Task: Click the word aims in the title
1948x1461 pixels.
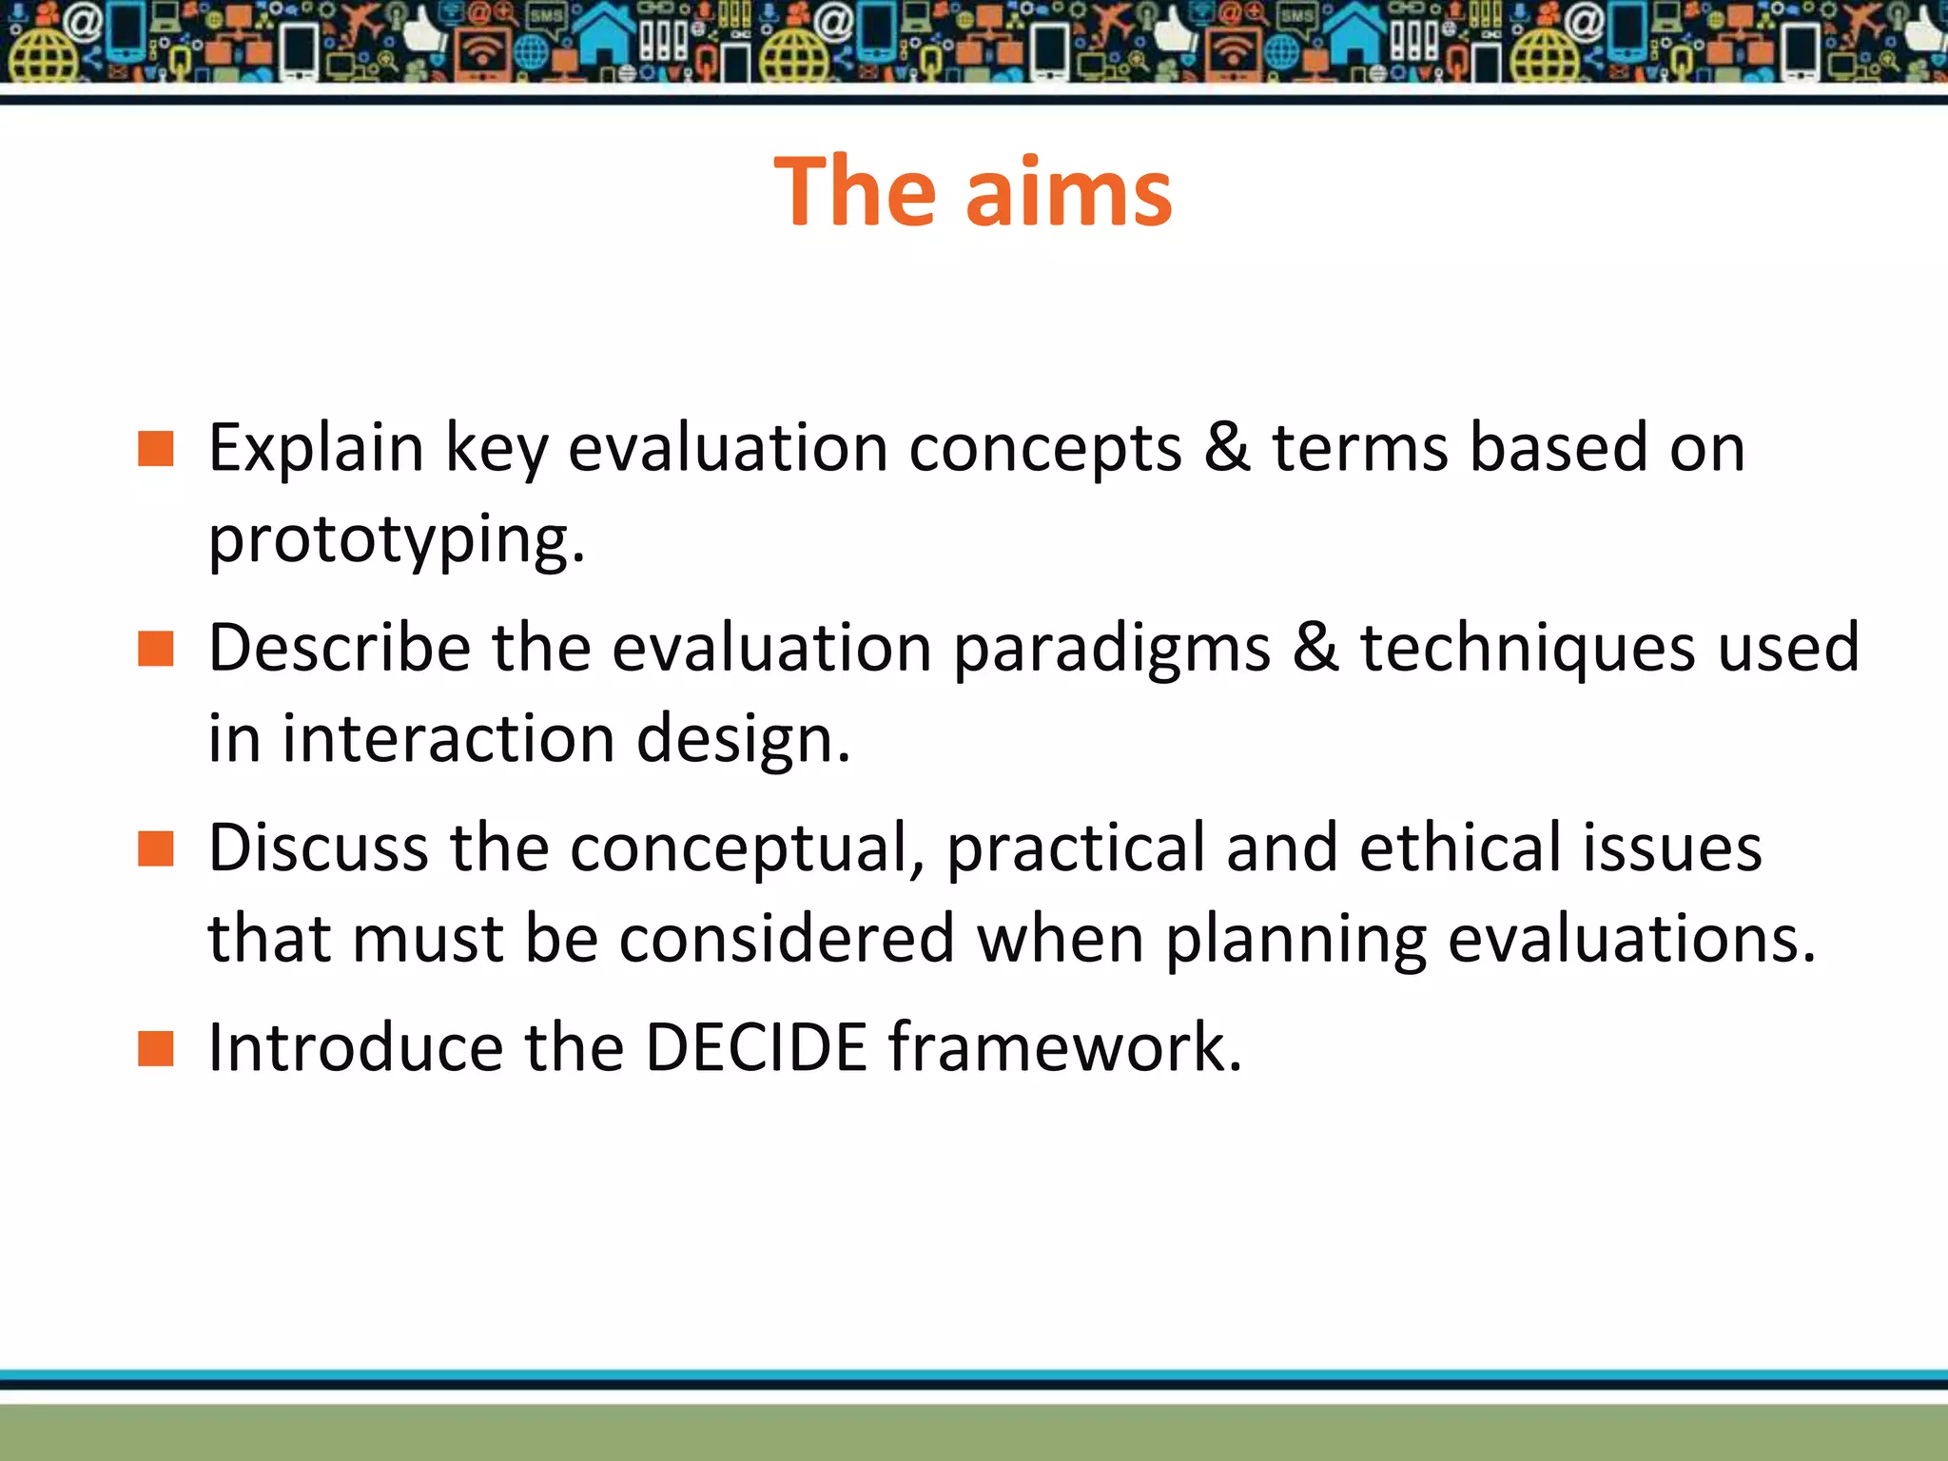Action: [x=1069, y=193]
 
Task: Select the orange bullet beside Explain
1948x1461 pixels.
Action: [x=155, y=448]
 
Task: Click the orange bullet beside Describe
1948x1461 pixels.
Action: [x=155, y=649]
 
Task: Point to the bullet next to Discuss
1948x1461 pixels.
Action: [x=155, y=848]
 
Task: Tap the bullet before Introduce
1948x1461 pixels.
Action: [x=155, y=1048]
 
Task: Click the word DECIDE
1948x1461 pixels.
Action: [x=756, y=1047]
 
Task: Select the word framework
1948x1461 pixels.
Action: [x=1064, y=1047]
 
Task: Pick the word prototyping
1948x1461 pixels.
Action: [x=396, y=540]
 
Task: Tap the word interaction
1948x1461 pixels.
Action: [x=448, y=739]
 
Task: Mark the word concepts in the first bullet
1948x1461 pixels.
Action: [x=1044, y=450]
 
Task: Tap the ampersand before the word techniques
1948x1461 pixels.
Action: [x=1315, y=648]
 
